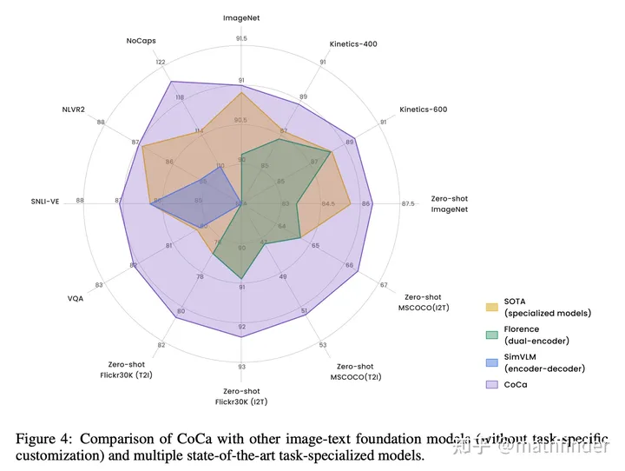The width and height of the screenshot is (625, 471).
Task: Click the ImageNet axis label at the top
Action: point(241,17)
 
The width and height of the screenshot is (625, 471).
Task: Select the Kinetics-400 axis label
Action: point(353,43)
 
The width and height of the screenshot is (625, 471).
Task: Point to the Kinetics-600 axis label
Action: point(424,109)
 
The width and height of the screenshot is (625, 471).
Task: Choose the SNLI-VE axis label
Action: point(46,201)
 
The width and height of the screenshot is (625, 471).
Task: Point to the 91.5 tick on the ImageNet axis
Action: point(241,38)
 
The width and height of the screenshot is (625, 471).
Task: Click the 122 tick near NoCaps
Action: point(161,62)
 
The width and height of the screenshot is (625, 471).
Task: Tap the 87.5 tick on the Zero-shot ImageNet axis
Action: point(408,203)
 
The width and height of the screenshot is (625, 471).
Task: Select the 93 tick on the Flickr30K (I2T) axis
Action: point(241,367)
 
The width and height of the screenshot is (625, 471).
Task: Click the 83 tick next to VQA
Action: point(99,284)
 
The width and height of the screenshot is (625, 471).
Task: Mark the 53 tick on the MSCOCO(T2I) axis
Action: point(323,345)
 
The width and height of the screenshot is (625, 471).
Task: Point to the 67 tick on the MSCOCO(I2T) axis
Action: point(384,284)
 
